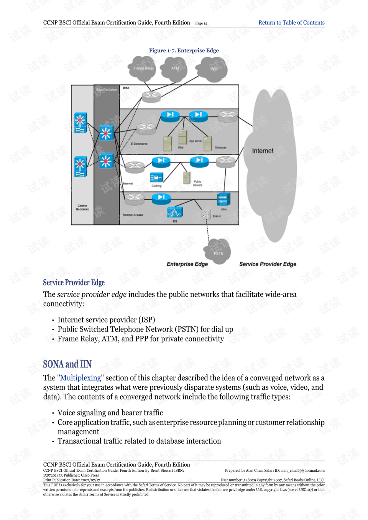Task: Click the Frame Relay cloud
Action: click(x=143, y=68)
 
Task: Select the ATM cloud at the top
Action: click(x=175, y=68)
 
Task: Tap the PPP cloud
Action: click(x=214, y=69)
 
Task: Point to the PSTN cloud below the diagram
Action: click(x=219, y=252)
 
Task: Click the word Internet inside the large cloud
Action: click(x=263, y=151)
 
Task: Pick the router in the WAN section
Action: click(x=151, y=96)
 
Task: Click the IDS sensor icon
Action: click(x=175, y=212)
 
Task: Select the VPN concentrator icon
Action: click(x=223, y=199)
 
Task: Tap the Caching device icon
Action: click(x=156, y=177)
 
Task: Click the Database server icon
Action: click(x=208, y=143)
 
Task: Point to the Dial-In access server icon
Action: click(x=206, y=214)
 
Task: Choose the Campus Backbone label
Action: click(x=82, y=207)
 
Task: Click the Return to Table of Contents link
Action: click(x=291, y=23)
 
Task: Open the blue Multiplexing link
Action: click(x=80, y=378)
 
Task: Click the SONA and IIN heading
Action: click(x=67, y=364)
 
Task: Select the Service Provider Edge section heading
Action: click(x=74, y=282)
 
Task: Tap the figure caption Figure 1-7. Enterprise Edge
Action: click(x=184, y=51)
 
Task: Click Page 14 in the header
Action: click(x=201, y=23)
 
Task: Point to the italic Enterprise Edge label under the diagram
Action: click(x=187, y=264)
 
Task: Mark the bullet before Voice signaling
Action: click(x=53, y=413)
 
